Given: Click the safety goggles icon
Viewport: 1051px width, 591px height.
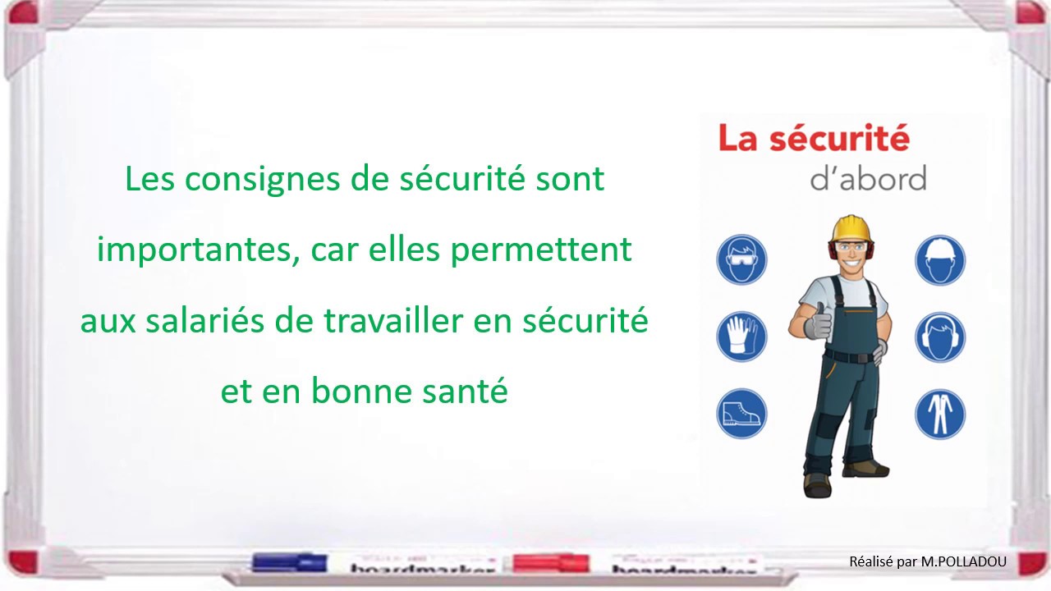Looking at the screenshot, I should pyautogui.click(x=741, y=259).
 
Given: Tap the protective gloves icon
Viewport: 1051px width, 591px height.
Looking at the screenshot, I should pyautogui.click(x=741, y=337).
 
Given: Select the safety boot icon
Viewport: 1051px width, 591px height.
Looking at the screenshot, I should pyautogui.click(x=741, y=414).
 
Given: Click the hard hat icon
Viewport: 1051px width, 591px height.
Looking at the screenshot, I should pyautogui.click(x=940, y=259).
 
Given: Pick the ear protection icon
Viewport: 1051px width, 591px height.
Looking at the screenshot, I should pyautogui.click(x=940, y=337).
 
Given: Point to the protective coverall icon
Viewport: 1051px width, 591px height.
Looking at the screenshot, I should pyautogui.click(x=940, y=414).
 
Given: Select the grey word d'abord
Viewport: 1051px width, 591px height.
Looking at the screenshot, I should pyautogui.click(x=868, y=178).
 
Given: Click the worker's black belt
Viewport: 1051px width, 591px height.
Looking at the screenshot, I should pyautogui.click(x=849, y=356).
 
